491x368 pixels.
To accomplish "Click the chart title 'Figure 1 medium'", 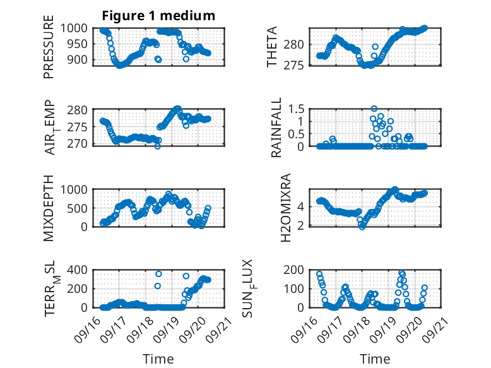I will tap(159, 15).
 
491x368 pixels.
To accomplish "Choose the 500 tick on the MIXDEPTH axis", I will tap(81, 208).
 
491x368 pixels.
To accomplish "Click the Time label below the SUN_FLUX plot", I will tap(375, 359).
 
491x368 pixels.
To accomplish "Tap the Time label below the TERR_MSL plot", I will tap(159, 359).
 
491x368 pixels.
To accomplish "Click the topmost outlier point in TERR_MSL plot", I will tap(159, 274).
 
